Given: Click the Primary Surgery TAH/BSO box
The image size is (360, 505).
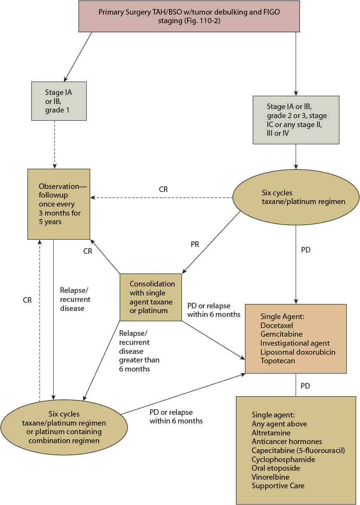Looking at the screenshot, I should [x=189, y=16].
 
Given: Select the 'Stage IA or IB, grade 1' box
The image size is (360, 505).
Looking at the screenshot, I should [x=59, y=100].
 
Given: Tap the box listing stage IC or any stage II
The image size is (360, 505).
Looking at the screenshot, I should [x=296, y=119].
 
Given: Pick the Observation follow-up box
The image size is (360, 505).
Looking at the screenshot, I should [x=59, y=204].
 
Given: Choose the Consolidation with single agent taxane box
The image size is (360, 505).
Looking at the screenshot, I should [x=150, y=297].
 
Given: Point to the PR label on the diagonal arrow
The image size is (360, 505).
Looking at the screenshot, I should [x=195, y=245].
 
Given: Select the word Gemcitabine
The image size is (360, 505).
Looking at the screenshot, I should [x=281, y=334].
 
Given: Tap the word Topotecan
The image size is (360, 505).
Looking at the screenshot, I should [x=278, y=361].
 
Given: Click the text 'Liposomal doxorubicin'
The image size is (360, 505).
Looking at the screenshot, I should [x=298, y=352].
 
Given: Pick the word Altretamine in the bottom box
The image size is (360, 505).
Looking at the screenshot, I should [x=271, y=433].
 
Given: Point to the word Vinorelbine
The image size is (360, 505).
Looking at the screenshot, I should [x=270, y=477].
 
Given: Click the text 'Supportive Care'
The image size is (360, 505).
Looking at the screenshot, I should [x=278, y=486].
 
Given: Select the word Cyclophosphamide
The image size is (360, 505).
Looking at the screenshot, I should [x=283, y=459].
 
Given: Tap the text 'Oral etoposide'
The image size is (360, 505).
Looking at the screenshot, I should [x=276, y=468].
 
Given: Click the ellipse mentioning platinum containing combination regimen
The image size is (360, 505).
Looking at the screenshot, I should [x=64, y=427].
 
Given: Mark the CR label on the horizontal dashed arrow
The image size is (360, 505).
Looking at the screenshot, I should [x=163, y=189].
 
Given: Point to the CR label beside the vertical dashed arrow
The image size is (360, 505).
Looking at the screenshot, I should [x=27, y=300].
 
